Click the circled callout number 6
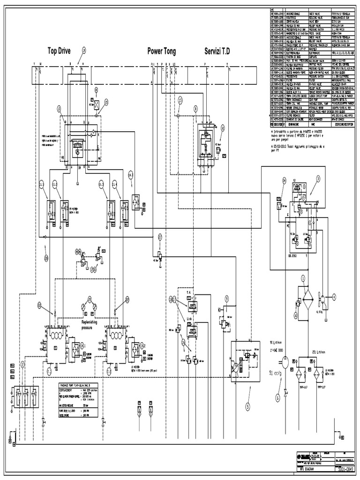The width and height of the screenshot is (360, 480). tap(277, 397)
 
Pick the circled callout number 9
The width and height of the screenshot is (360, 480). tap(226, 297)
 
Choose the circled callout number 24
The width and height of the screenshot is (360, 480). tap(284, 180)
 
